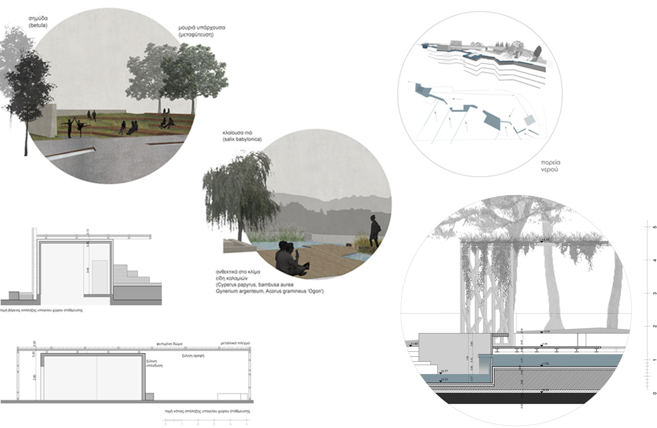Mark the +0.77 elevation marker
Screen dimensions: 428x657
(x=444, y=371)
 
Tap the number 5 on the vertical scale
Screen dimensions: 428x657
(x=654, y=227)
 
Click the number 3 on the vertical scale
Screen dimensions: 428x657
(x=654, y=294)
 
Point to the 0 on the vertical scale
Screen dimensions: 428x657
(x=654, y=393)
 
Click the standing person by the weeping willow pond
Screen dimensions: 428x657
(x=374, y=231)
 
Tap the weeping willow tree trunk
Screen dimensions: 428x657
(x=240, y=231)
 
